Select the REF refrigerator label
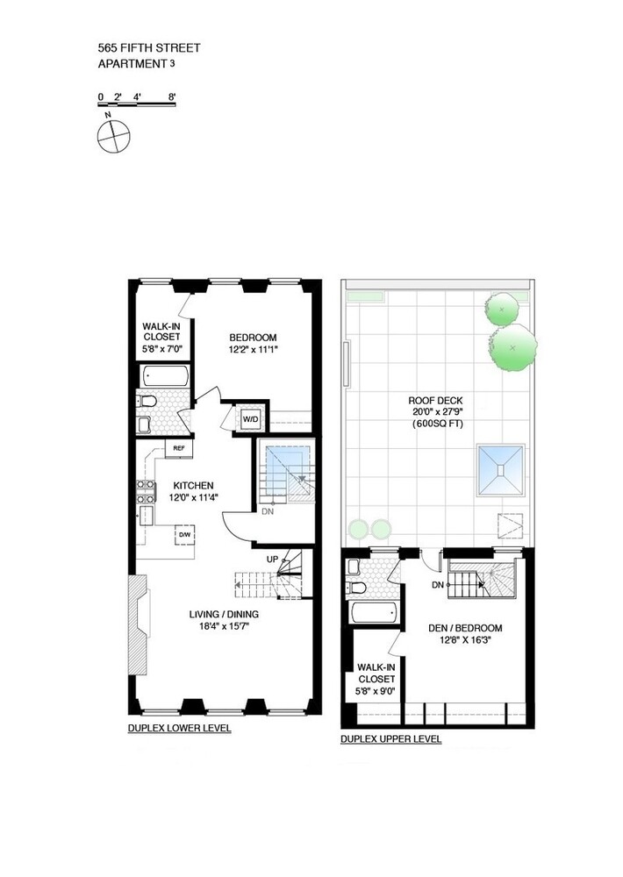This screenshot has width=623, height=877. (x=178, y=448)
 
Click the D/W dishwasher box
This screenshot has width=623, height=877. (x=185, y=534)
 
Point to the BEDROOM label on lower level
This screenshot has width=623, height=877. (x=253, y=339)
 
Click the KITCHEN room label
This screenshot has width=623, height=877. (x=193, y=486)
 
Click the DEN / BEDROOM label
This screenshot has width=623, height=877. (x=464, y=628)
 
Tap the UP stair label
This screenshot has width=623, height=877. (x=273, y=558)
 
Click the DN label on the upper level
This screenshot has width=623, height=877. (x=436, y=585)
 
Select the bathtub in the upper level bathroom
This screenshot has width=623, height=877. (x=368, y=612)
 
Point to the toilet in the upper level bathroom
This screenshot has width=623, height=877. (x=355, y=587)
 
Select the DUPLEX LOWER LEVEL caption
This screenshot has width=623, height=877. (x=179, y=729)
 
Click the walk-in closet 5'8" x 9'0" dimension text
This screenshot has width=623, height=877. (x=376, y=690)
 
